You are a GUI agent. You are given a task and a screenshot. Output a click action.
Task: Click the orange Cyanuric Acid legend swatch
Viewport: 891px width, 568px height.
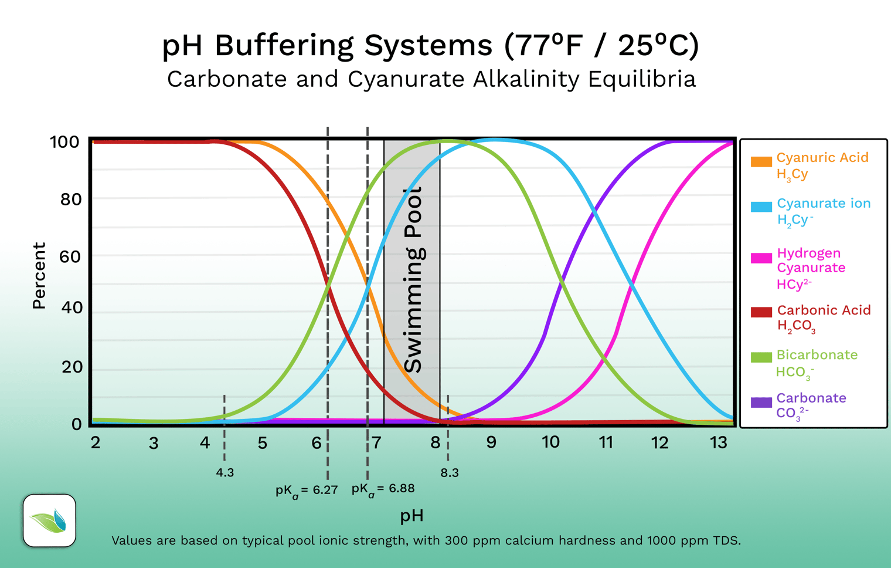point(761,162)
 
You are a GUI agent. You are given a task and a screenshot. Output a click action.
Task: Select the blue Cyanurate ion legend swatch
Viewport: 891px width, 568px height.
point(761,207)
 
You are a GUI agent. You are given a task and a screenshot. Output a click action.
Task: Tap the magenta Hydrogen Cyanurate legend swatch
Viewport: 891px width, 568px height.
point(761,258)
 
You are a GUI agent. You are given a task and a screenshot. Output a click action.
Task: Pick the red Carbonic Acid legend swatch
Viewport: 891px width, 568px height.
point(761,312)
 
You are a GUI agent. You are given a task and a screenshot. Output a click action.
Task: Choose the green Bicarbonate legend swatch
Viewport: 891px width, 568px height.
point(761,357)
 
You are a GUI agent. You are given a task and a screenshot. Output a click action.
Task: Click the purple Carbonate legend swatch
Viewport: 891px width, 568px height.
point(761,403)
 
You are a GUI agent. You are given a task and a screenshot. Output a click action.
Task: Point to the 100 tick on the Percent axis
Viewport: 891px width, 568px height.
point(65,142)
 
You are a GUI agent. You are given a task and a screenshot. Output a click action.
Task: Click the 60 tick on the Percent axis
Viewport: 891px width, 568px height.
point(70,256)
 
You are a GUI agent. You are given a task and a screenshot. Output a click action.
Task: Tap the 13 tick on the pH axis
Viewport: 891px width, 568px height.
point(718,443)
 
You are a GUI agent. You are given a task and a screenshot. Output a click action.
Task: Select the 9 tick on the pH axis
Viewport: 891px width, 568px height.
point(491,442)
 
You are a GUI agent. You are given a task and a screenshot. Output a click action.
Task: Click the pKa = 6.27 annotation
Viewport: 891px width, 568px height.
point(307,491)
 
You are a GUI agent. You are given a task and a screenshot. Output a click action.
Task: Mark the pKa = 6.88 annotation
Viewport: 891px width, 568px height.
point(383,489)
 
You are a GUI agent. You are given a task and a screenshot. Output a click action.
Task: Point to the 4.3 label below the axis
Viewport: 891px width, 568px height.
point(225,473)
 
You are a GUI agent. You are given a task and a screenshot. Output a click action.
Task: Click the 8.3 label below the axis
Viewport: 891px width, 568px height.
point(450,473)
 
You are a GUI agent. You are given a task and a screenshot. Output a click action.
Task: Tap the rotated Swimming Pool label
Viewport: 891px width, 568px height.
point(414,280)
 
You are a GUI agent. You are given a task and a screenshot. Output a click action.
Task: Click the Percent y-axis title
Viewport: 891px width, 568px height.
point(39,276)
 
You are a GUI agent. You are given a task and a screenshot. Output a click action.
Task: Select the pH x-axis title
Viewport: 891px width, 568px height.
point(412,516)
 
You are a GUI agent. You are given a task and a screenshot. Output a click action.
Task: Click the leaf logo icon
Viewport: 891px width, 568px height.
point(50,520)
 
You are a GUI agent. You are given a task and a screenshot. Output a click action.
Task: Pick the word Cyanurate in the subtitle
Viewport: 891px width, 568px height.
point(407,79)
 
